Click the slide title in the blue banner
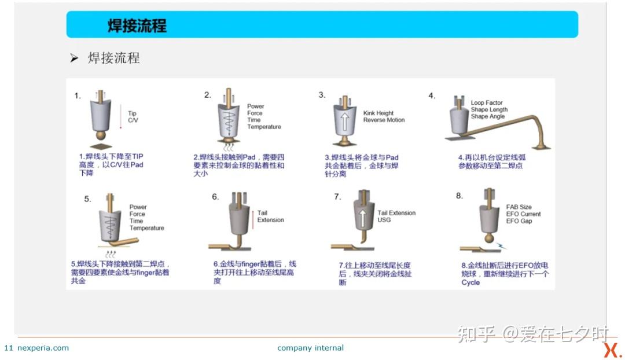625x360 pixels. tap(137, 25)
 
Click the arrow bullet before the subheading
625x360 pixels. tap(74, 58)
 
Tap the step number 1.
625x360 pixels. tap(78, 95)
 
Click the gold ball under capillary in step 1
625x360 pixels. tap(101, 135)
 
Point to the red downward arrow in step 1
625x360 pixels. tap(121, 116)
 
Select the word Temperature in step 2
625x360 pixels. tap(264, 127)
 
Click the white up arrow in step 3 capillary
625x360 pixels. tap(345, 121)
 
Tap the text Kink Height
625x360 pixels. tap(378, 113)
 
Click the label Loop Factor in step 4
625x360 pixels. tap(487, 103)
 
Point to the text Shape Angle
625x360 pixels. tap(487, 116)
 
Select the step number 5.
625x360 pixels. tap(88, 199)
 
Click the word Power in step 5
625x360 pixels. tap(138, 207)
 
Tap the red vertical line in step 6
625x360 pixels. tap(253, 220)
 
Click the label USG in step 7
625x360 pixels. tap(384, 220)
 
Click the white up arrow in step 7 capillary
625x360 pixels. tap(362, 218)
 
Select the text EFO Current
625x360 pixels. tap(523, 214)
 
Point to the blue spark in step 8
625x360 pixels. tap(501, 245)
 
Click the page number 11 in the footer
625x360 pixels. tap(8, 348)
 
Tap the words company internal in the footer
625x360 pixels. tap(311, 348)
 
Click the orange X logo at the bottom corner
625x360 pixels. tap(612, 350)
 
